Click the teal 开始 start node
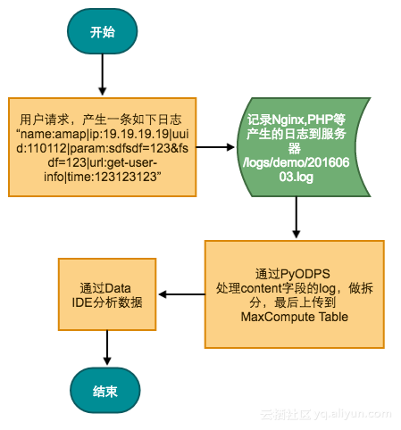click(102, 32)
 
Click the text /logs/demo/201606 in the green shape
click(294, 163)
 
